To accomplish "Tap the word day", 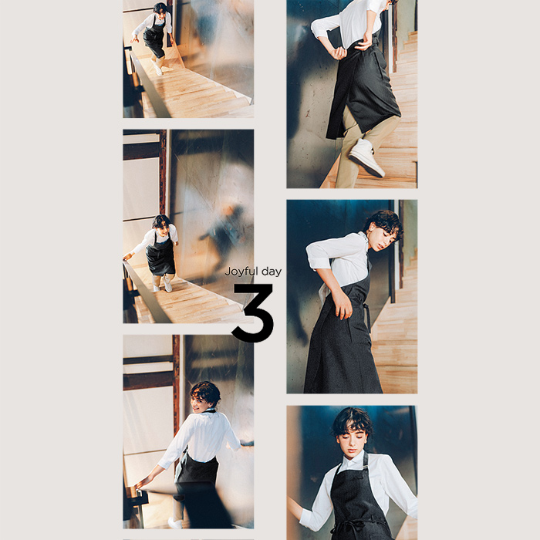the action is pos(272,272).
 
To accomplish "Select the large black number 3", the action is pos(253,313).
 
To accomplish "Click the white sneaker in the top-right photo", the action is pos(366,157).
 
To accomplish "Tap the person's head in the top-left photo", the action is pos(160,8).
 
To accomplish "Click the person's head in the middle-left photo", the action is pos(161,222).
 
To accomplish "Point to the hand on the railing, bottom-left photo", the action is pos(140,484).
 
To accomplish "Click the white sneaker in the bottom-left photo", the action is pos(175,523).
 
